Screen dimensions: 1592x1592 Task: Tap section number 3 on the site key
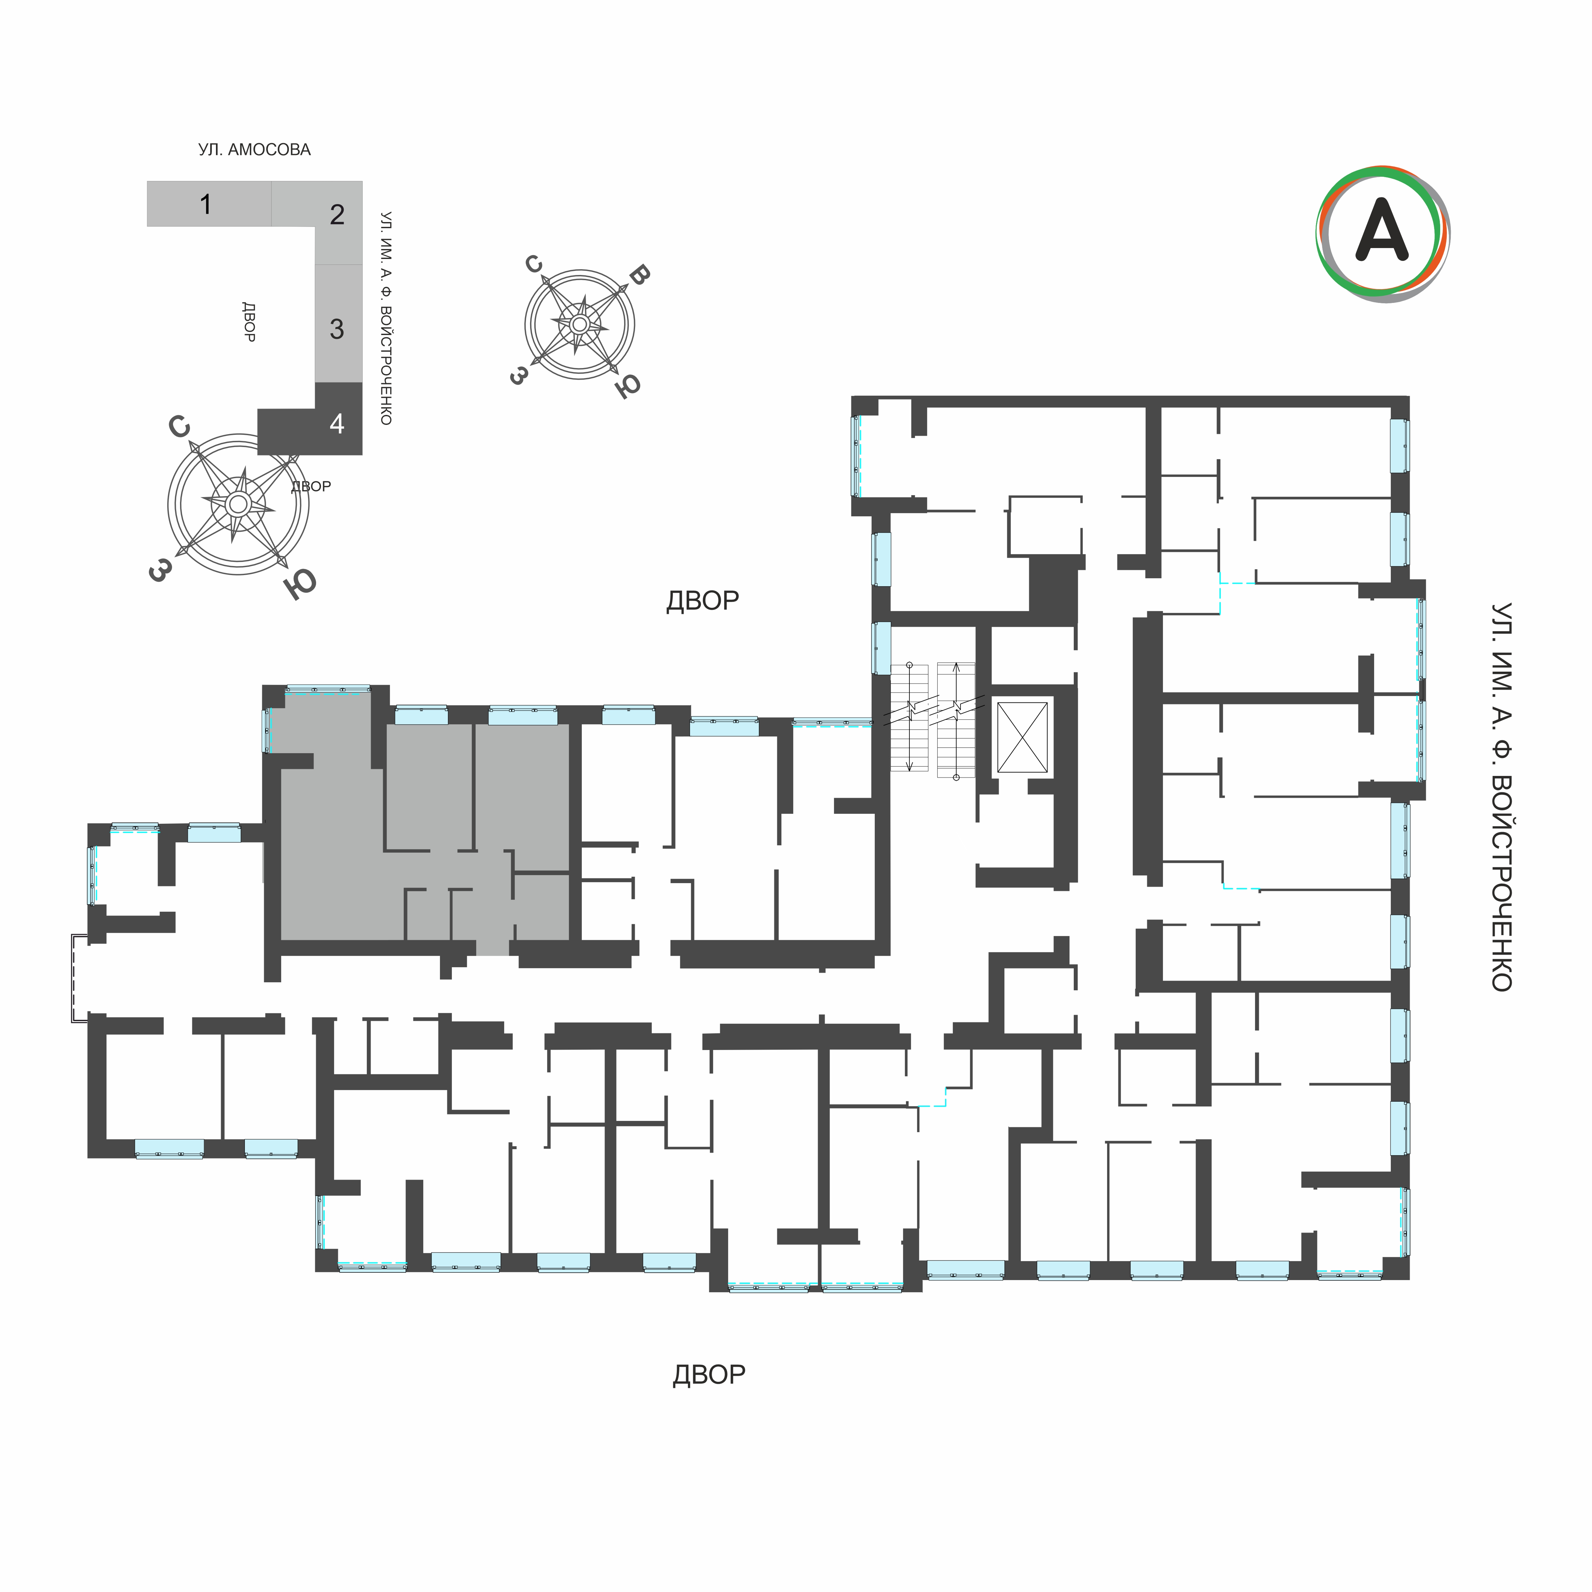coord(337,329)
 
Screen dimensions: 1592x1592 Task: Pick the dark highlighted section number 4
coord(337,424)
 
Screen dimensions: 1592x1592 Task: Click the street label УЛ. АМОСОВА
coord(254,150)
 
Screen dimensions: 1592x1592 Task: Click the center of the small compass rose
coord(579,325)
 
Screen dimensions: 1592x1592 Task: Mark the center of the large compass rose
coord(238,503)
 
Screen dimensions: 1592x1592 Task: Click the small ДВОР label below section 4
coord(311,486)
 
